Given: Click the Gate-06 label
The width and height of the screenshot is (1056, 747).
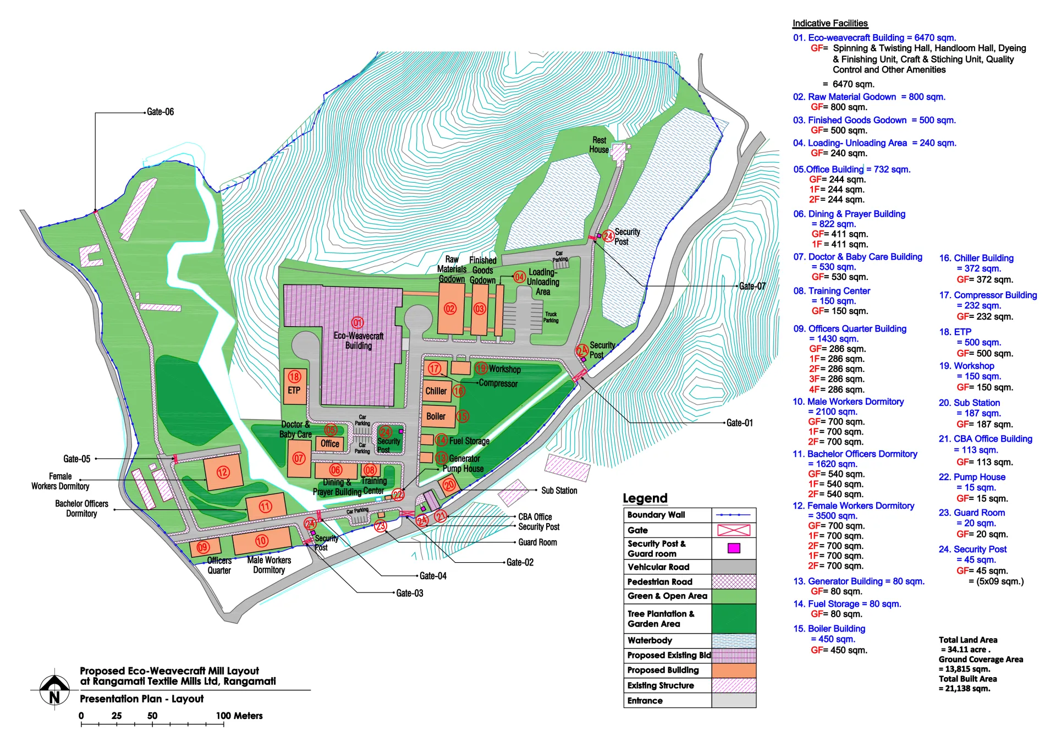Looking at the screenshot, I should click(x=160, y=112).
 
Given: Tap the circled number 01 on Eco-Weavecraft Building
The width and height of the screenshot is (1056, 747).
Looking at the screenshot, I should click(x=358, y=323).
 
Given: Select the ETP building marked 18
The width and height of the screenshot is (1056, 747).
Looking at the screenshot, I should click(x=295, y=386).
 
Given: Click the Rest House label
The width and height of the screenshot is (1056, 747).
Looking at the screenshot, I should click(x=599, y=145).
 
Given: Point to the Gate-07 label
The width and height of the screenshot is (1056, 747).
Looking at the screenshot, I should click(x=752, y=286).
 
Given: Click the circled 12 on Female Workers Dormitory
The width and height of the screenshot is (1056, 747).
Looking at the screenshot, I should click(x=223, y=472).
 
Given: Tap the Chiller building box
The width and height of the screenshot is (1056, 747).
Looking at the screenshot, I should click(x=437, y=391).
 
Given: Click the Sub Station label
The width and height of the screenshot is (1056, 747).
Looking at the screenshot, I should click(x=559, y=490).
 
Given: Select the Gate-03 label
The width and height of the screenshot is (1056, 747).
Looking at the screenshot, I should click(x=410, y=593).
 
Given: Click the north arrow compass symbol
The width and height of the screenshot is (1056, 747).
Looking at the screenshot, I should click(x=54, y=689).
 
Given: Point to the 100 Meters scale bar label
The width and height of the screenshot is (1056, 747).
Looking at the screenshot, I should click(x=239, y=716).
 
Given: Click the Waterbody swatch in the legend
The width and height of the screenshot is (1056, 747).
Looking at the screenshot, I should click(x=734, y=641).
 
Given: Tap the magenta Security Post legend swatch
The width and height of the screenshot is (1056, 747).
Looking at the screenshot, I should click(x=734, y=548).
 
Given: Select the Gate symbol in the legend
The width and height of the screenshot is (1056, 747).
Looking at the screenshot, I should click(x=734, y=530).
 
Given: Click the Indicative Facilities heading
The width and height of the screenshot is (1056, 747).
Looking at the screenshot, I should click(x=829, y=23).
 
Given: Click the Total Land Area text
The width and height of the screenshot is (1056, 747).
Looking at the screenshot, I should click(x=967, y=640).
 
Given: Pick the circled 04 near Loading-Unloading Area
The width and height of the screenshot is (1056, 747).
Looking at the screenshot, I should click(x=519, y=277).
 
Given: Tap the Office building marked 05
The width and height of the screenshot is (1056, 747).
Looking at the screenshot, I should click(x=329, y=443).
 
